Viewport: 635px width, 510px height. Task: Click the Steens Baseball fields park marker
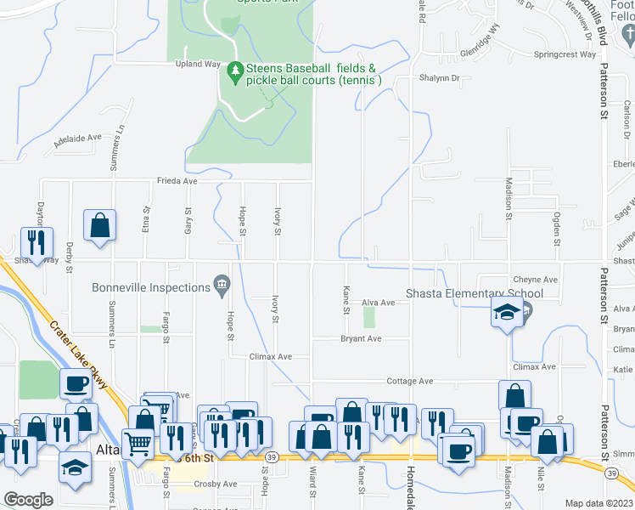(235, 75)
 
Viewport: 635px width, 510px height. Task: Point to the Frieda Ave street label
(177, 181)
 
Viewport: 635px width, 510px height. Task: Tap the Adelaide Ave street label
(77, 140)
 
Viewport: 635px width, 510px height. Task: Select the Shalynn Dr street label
(439, 77)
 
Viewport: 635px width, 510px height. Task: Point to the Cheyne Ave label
(535, 280)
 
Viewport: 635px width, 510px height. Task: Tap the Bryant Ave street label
(361, 338)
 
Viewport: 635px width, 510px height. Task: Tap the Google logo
(28, 500)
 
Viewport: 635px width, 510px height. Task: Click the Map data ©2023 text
(598, 503)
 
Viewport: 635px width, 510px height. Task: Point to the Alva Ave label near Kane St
(379, 303)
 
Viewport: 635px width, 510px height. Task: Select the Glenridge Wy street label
(480, 42)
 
